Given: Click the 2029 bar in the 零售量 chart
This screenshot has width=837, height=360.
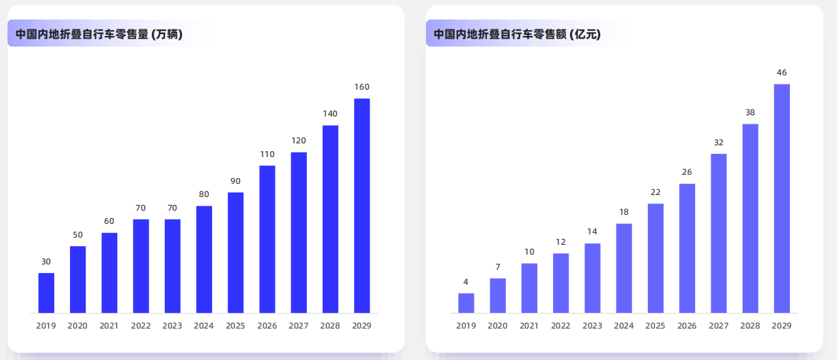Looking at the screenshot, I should [x=362, y=206].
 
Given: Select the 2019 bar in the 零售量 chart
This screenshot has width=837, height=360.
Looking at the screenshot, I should [x=46, y=293].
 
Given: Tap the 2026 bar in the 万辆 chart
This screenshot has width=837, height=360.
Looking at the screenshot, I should [x=267, y=239].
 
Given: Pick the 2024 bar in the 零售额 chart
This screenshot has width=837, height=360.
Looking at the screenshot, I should [x=624, y=268].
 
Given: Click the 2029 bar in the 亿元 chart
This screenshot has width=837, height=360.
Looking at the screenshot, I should [x=781, y=198].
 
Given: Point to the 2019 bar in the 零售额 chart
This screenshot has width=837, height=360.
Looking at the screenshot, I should [x=466, y=302].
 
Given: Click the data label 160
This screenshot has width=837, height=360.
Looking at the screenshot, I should [x=362, y=87].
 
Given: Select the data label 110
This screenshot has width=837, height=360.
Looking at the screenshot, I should [x=267, y=154].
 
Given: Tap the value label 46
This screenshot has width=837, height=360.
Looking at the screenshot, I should [x=781, y=73].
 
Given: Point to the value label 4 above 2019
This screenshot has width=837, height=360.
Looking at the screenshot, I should [x=466, y=282].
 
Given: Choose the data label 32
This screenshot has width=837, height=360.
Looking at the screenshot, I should [x=719, y=142].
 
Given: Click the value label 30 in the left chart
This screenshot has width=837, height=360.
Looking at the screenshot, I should [x=46, y=262].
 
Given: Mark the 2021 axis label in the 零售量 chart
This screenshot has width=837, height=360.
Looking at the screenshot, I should [x=109, y=326].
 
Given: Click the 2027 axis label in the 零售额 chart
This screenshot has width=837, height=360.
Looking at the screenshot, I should [x=719, y=326].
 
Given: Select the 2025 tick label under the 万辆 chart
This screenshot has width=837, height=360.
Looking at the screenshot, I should [x=236, y=326].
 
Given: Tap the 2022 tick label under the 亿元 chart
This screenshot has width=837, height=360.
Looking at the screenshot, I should [x=561, y=326].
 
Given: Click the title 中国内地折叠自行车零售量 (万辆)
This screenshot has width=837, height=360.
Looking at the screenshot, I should [x=99, y=34].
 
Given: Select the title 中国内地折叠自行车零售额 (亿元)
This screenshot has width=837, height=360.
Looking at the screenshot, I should [x=517, y=34].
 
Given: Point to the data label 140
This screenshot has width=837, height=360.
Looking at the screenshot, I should [x=330, y=114].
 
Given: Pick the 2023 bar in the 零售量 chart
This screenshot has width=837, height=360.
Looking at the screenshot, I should [x=172, y=266].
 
